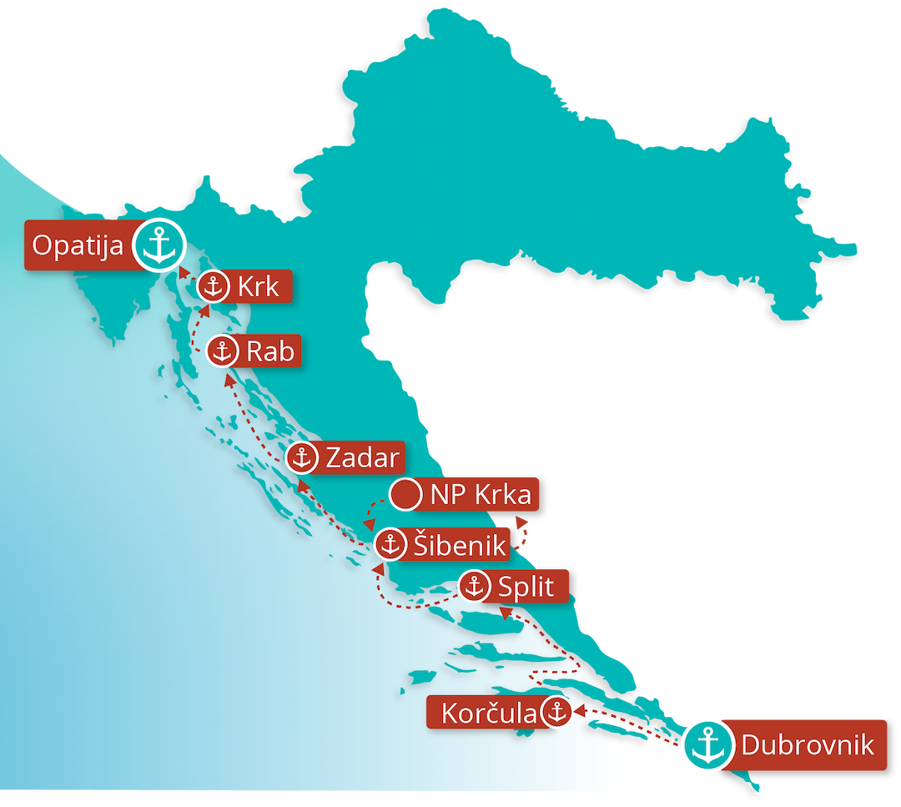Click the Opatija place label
click(78, 245)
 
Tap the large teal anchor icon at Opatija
click(159, 245)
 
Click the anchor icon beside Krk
click(213, 286)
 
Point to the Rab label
click(270, 351)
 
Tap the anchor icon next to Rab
click(223, 351)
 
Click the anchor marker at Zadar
click(301, 457)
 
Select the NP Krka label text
click(480, 495)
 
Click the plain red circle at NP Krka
click(406, 495)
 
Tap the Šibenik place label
click(459, 545)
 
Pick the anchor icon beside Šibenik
click(390, 545)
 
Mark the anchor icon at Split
click(475, 587)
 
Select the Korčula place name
click(488, 714)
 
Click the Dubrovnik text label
click(808, 744)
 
